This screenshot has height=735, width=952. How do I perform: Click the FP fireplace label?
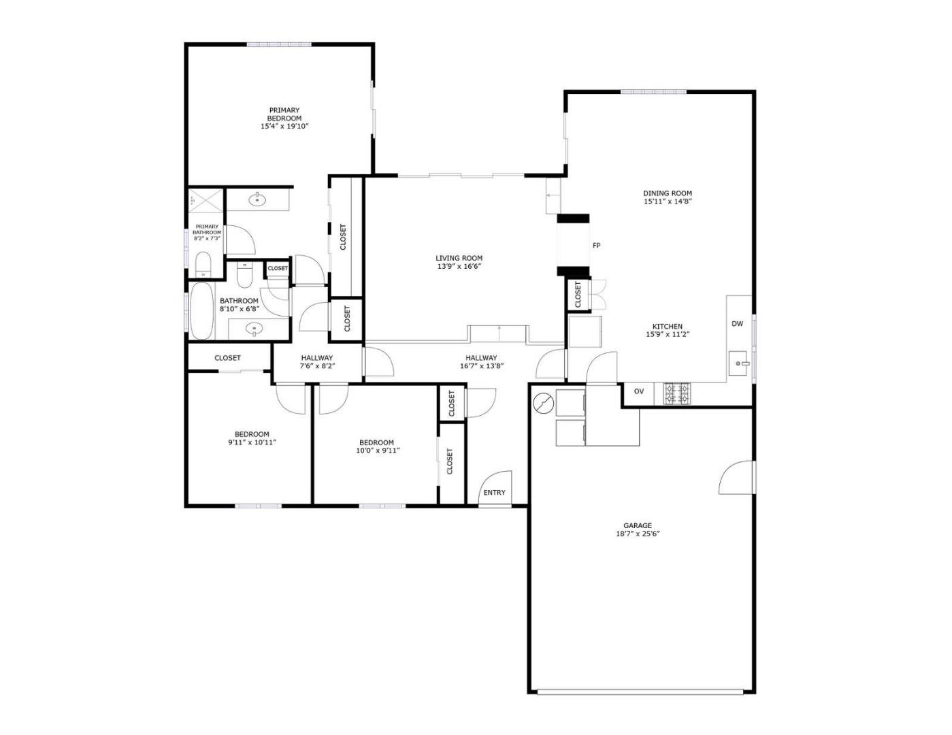596,246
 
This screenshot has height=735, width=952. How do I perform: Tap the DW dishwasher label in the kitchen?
737,324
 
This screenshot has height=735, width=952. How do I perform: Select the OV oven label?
638,391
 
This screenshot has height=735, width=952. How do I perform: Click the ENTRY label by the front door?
494,493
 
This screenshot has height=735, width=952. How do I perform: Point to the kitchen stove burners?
676,393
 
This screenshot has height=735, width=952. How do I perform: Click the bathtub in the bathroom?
201,311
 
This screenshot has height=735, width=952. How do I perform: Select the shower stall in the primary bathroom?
206,201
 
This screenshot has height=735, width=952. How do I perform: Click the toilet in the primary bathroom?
203,264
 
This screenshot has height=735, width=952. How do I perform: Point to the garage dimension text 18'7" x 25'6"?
638,534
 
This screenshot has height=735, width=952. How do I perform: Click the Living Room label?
459,258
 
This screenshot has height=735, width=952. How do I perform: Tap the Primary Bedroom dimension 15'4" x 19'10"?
284,127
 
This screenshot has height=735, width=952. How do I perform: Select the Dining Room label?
667,193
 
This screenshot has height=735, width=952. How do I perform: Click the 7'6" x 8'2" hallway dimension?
317,366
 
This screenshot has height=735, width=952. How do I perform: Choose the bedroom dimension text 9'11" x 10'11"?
252,442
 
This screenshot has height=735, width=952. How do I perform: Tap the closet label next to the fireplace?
578,295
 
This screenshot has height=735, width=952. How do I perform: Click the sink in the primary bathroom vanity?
257,200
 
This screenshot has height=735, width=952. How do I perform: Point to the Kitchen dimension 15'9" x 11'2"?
667,335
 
